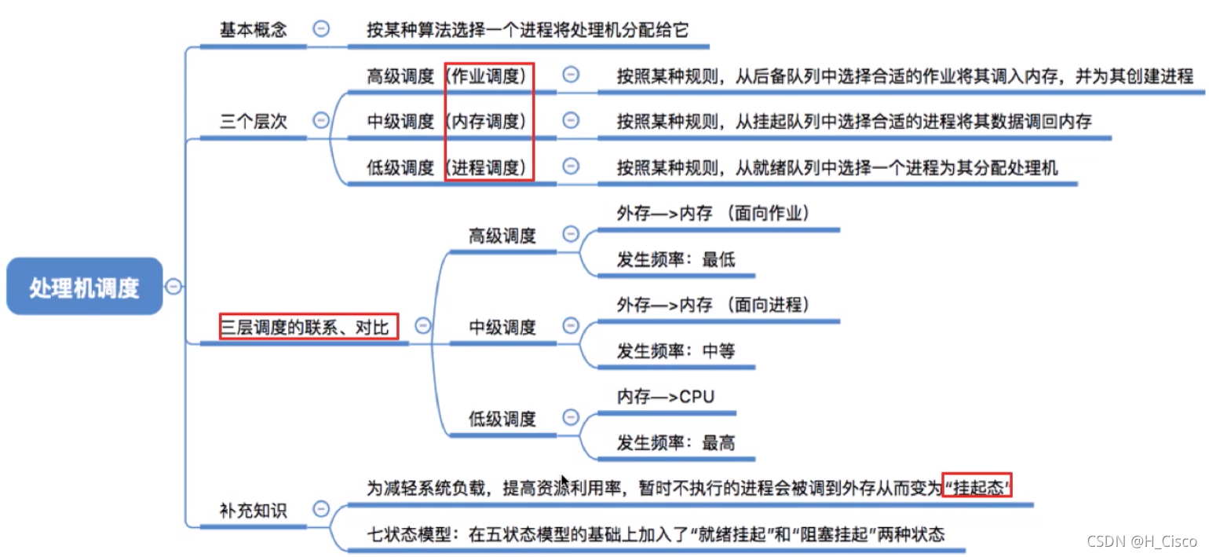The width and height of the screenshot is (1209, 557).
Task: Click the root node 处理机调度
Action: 85,286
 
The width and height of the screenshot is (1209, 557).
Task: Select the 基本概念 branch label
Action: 253,29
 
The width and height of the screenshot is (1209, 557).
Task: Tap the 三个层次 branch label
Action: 253,121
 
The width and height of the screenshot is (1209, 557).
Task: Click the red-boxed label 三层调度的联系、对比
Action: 309,327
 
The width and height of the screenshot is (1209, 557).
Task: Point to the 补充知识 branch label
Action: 253,511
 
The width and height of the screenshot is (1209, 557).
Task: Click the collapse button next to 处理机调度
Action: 173,286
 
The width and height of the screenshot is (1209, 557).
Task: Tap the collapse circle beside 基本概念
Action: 321,28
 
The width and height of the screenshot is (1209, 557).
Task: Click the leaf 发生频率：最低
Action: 676,260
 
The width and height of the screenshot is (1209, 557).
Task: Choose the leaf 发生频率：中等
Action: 676,351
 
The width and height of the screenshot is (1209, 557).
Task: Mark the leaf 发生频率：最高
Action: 676,443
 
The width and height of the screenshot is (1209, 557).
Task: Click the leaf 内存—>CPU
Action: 666,397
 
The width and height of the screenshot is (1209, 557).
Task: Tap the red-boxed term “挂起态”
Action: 977,488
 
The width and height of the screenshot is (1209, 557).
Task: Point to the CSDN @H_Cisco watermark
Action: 1141,541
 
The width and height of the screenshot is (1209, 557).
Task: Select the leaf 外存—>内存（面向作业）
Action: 713,214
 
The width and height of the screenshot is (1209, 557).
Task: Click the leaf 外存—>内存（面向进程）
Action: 713,306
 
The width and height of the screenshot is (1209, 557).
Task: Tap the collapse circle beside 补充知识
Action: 321,509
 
